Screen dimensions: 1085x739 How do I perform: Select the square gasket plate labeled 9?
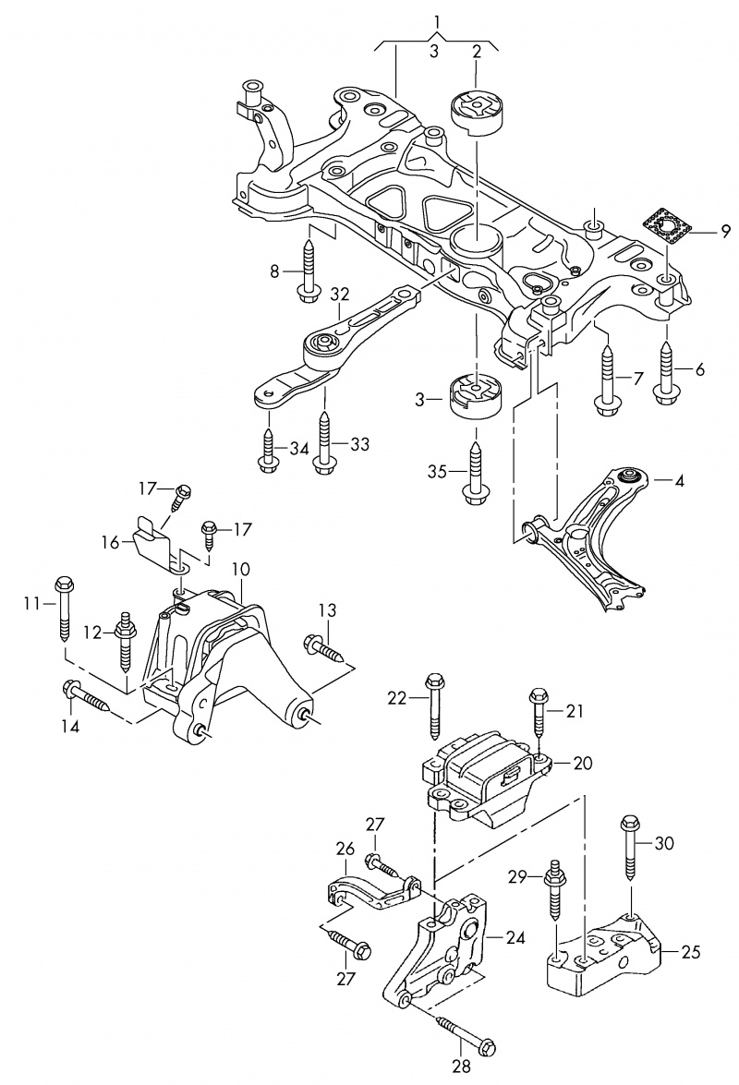664,225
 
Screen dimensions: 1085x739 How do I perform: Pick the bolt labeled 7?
608,379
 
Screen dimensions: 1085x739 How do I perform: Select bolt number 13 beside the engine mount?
323,648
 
